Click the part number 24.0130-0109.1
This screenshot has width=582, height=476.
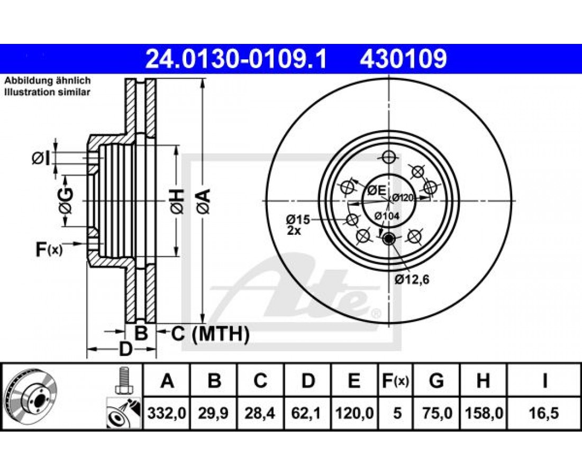tap(236, 59)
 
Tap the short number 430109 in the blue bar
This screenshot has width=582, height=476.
tap(403, 59)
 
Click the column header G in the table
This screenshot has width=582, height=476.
tap(436, 381)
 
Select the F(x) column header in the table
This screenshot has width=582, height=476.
tap(395, 381)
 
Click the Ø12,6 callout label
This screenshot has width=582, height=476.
tap(412, 279)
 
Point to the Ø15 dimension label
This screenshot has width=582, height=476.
tap(298, 219)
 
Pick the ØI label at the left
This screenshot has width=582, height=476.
tap(41, 159)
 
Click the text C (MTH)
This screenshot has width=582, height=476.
tap(210, 334)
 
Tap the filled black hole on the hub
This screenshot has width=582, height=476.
tap(389, 239)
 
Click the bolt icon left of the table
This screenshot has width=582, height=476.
tap(123, 380)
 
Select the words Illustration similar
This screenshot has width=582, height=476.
tap(47, 92)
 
